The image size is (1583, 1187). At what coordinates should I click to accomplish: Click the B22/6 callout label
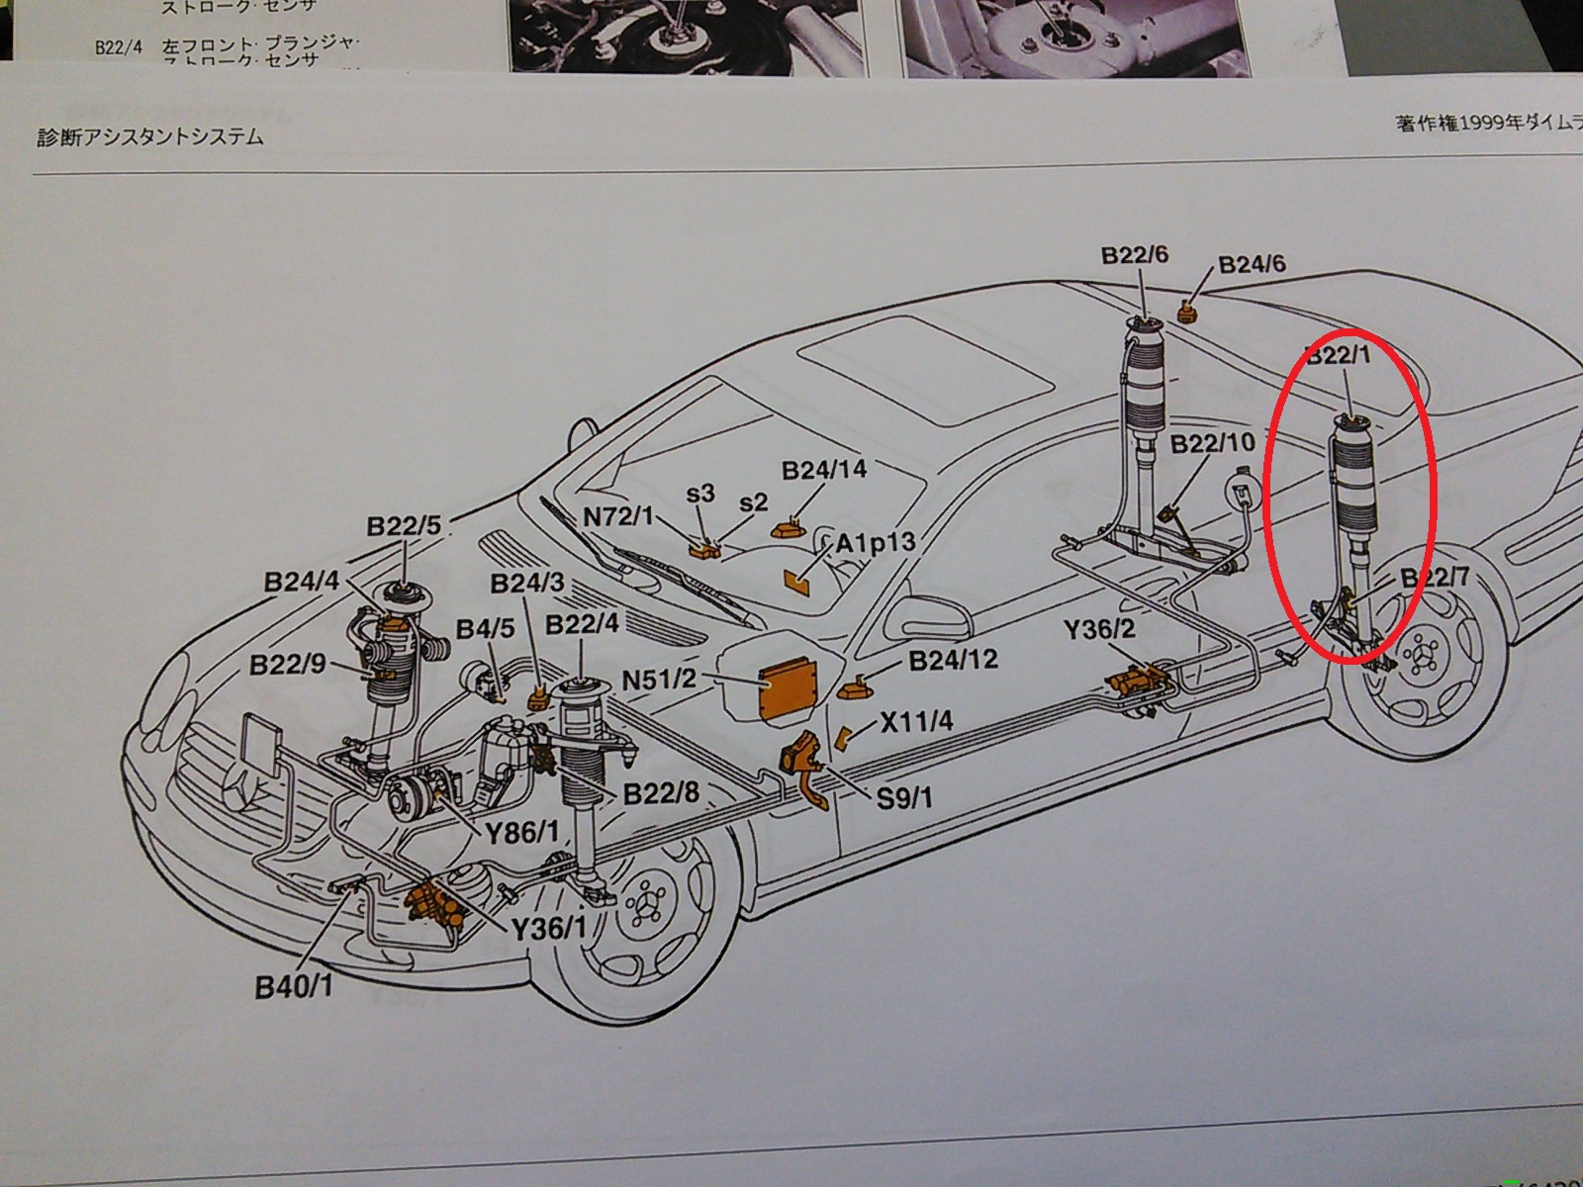[x=1134, y=255]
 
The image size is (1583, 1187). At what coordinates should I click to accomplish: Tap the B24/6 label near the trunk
[x=1252, y=264]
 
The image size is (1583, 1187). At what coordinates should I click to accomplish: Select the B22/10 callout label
[x=1212, y=443]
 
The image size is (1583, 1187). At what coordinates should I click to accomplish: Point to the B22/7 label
[x=1434, y=578]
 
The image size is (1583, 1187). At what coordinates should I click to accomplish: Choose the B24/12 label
[x=953, y=660]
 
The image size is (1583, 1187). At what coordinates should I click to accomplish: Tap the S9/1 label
[x=904, y=796]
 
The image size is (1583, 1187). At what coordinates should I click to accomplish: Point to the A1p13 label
[x=876, y=543]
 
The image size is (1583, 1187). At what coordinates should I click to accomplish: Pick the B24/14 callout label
[x=824, y=470]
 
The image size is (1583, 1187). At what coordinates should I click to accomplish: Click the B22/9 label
[x=287, y=665]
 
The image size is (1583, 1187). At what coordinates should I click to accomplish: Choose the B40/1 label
[x=294, y=986]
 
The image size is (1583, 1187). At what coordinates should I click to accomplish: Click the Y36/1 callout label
[x=549, y=929]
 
